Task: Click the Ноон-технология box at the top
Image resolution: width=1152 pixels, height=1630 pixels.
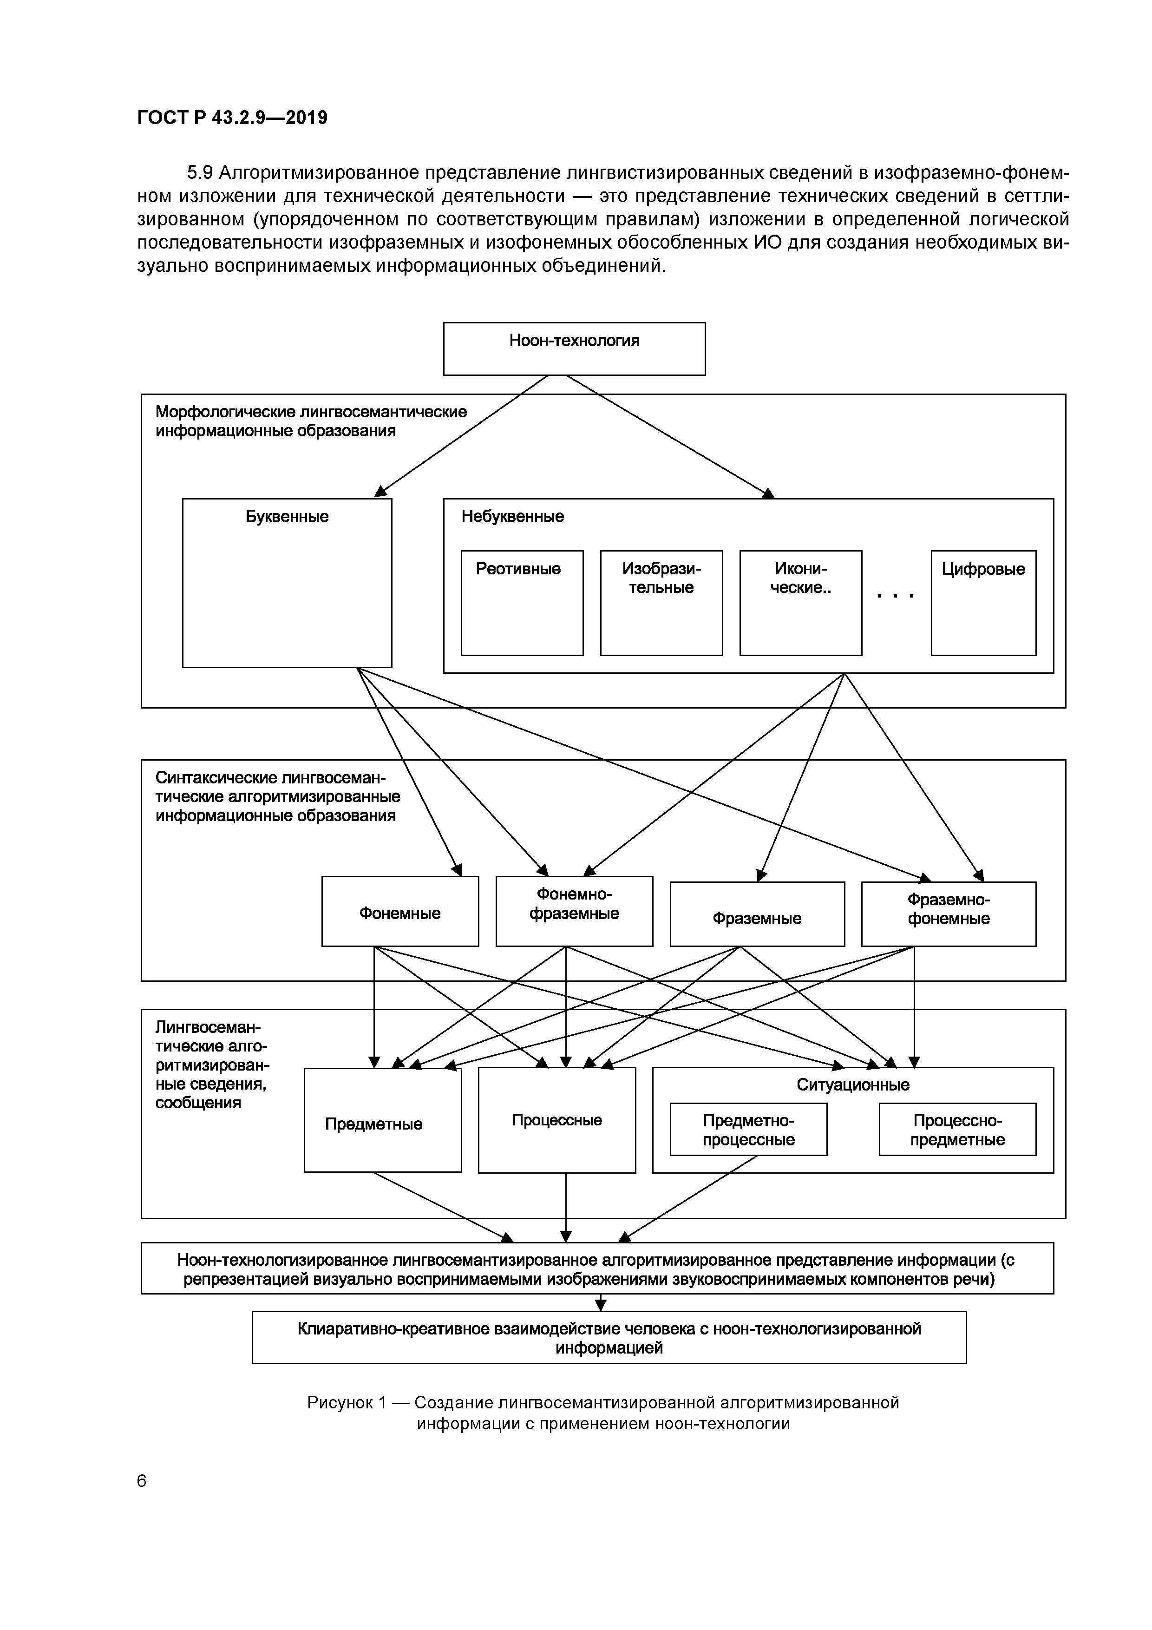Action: pos(574,348)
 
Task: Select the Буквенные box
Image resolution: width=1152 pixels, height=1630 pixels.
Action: pos(287,582)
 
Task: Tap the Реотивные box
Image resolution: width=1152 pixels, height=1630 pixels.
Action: pos(522,602)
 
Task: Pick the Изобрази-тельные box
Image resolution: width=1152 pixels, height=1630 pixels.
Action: pos(661,602)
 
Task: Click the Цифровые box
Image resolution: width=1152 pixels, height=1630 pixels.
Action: pos(983,602)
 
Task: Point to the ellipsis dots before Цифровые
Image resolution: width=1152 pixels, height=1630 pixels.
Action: pos(895,596)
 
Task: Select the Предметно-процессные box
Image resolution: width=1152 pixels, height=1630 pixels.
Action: pos(748,1130)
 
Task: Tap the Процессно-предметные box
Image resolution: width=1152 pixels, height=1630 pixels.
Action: pos(957,1130)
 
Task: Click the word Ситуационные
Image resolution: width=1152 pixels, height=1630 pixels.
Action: pos(852,1085)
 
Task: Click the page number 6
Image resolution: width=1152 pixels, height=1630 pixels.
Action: pos(141,1480)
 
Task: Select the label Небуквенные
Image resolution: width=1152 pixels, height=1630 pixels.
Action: pos(512,516)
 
